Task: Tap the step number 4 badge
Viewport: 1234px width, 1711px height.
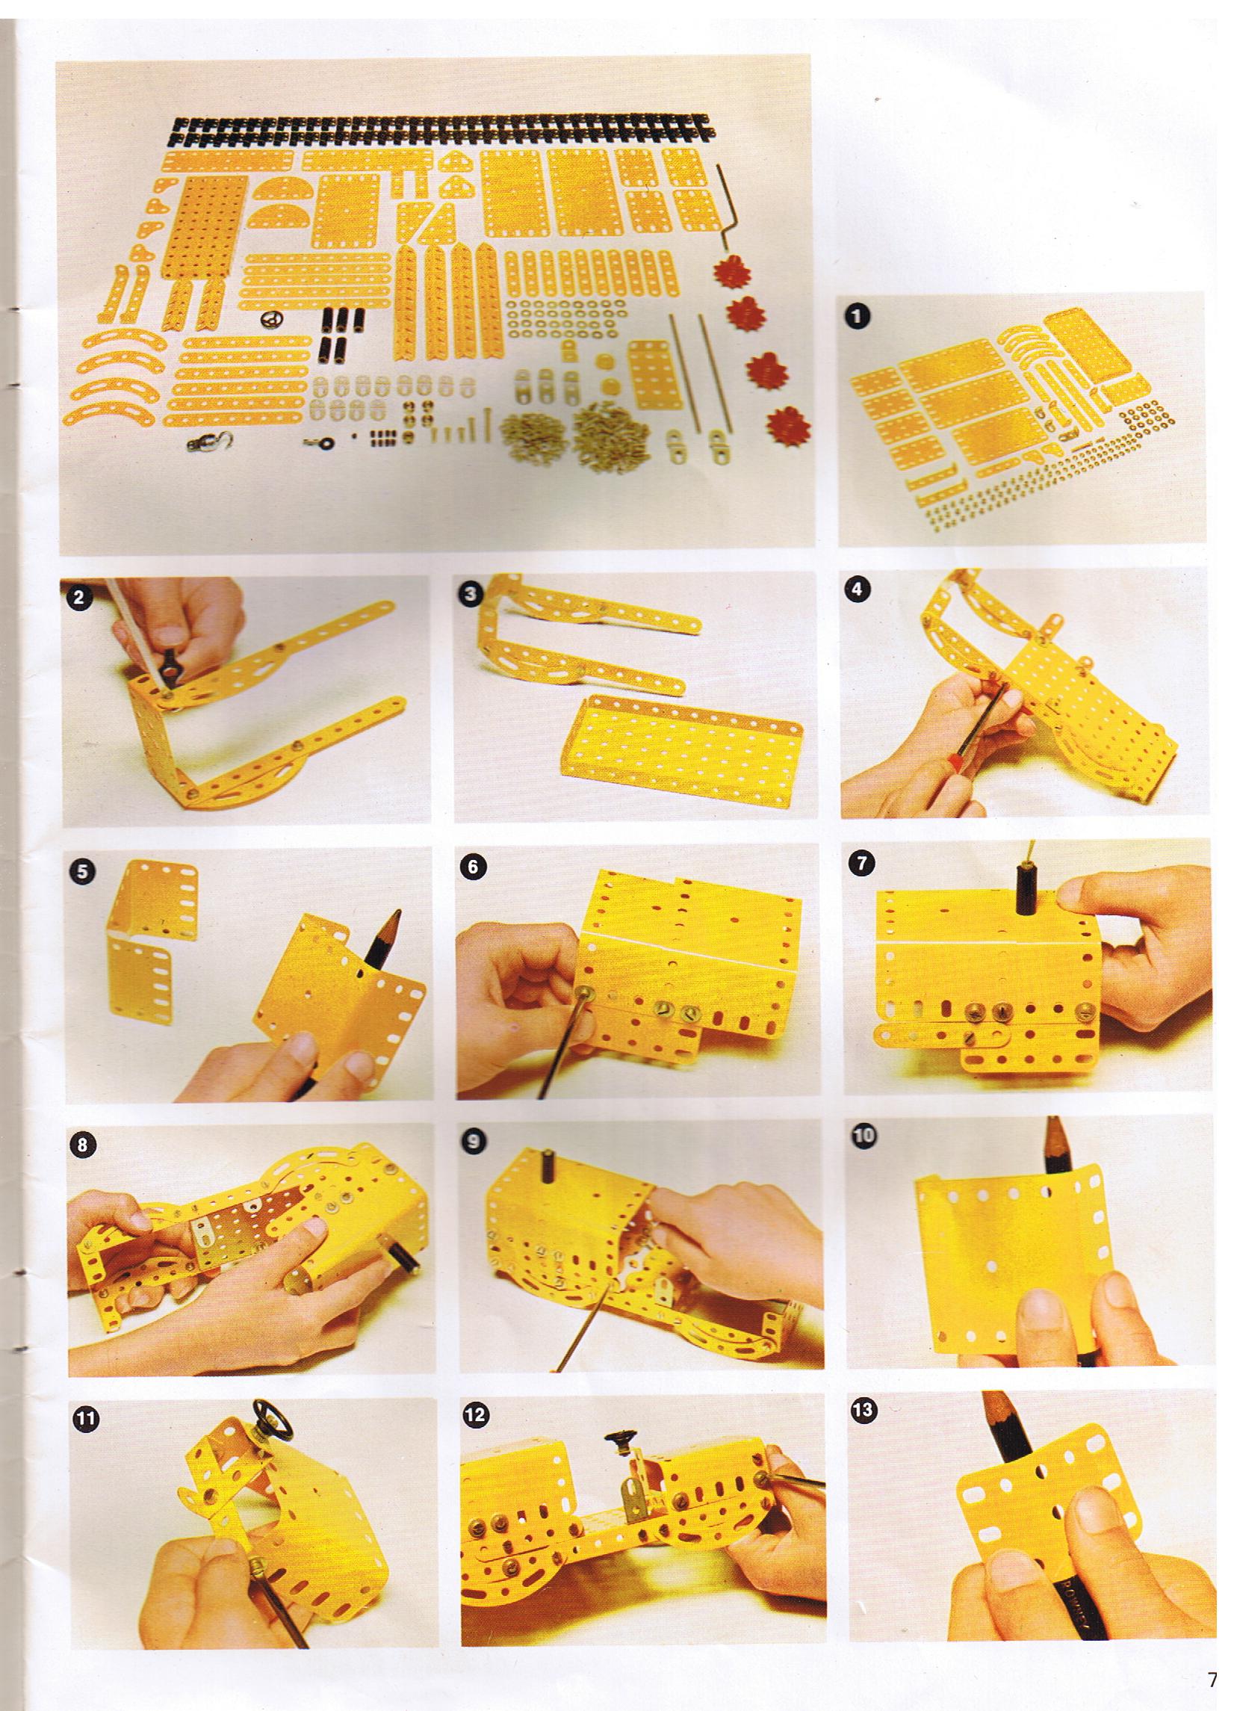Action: (855, 590)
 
